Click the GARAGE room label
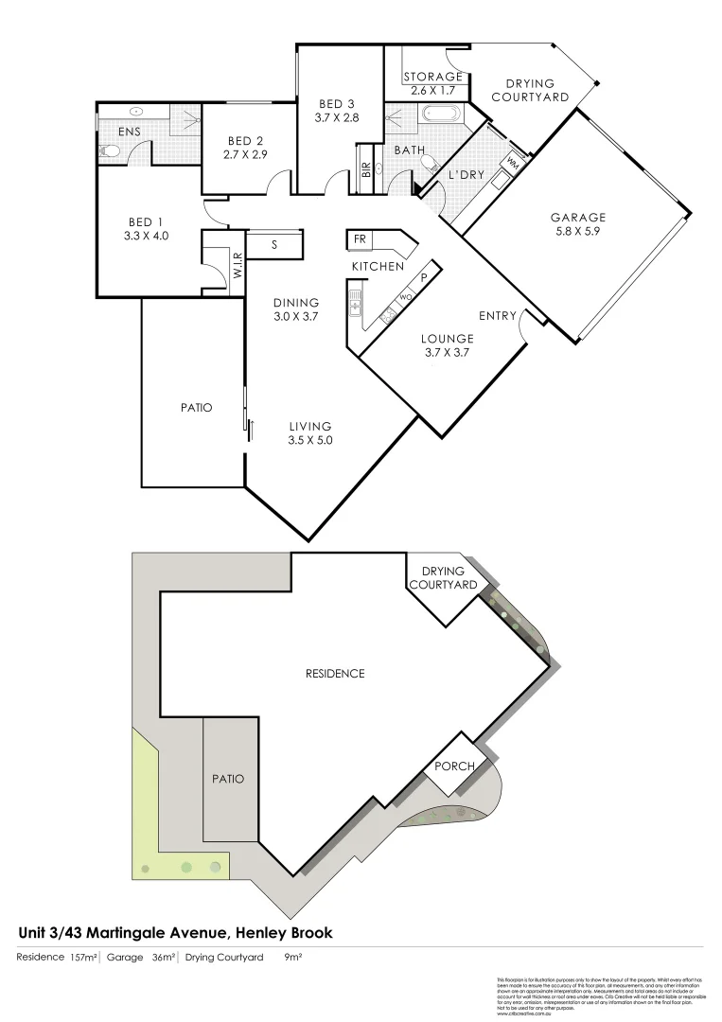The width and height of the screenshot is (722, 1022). pos(578,217)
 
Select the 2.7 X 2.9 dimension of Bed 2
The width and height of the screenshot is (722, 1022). pos(246,153)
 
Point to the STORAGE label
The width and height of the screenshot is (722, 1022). pos(432,77)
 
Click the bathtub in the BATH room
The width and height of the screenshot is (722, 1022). pos(440,116)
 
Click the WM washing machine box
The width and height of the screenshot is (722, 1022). pos(514,163)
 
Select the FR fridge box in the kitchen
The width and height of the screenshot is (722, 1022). pos(360,239)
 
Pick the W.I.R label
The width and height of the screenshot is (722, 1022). pos(238,269)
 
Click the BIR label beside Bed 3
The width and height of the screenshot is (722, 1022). pos(365,170)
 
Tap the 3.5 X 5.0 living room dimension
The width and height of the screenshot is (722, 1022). pos(311,440)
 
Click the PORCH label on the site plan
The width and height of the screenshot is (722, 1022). pos(453,766)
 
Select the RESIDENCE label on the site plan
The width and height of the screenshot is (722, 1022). pos(335,674)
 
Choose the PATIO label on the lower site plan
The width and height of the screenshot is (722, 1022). pos(227,779)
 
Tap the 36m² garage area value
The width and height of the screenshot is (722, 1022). pos(164,958)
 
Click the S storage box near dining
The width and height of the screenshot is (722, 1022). pos(274,244)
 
